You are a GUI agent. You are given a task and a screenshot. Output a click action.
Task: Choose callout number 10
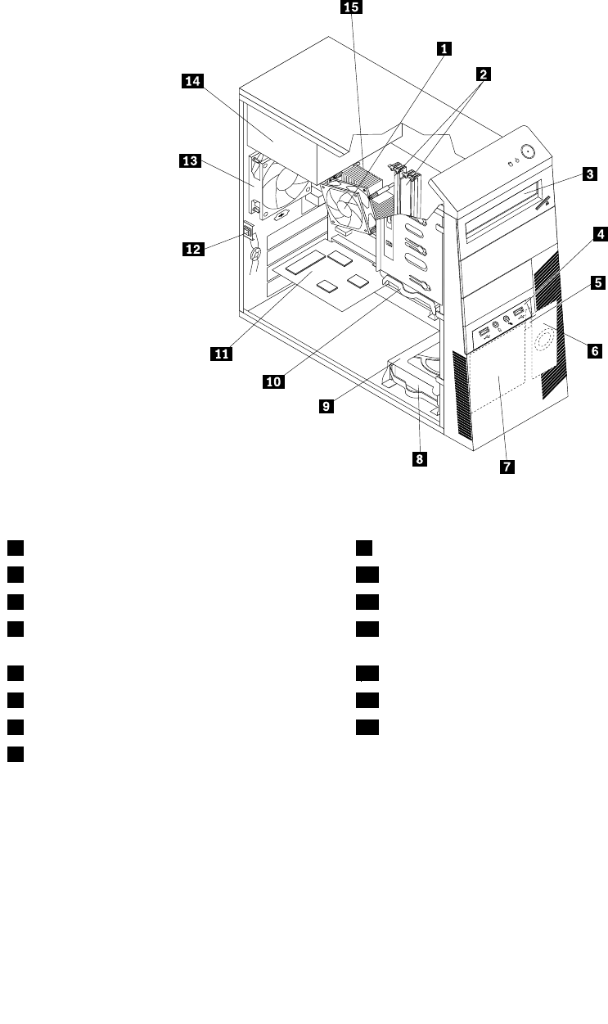coord(274,381)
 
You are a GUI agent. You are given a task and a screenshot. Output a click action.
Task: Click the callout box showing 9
coord(327,404)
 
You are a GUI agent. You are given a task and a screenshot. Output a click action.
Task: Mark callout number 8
coord(419,459)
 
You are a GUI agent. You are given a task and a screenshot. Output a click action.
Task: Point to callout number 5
coord(598,282)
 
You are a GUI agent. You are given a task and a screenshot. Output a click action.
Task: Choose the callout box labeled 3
coord(588,174)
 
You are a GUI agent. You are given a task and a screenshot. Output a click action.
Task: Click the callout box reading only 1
coord(443,48)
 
